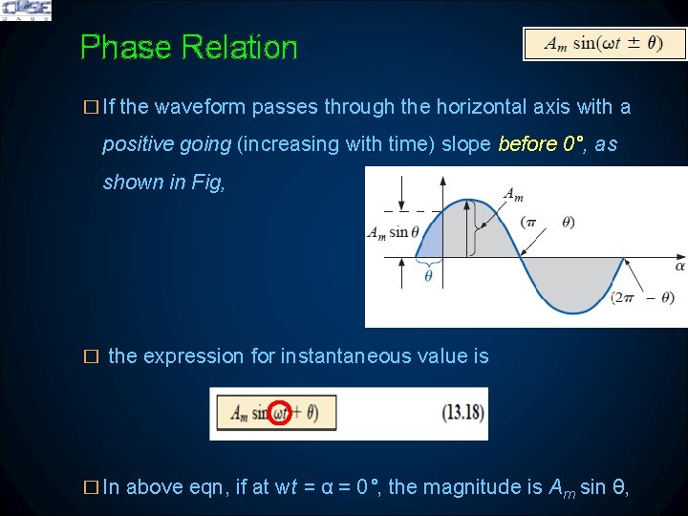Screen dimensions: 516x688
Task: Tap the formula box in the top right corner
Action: pyautogui.click(x=604, y=43)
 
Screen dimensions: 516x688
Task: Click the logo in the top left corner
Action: pyautogui.click(x=27, y=11)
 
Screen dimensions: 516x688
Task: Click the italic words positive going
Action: pyautogui.click(x=166, y=144)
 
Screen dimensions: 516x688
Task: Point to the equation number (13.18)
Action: pyautogui.click(x=462, y=414)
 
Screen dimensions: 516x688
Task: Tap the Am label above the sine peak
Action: pyautogui.click(x=513, y=194)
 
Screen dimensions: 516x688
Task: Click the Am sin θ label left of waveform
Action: pyautogui.click(x=388, y=232)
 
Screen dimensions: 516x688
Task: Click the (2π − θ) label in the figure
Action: pyautogui.click(x=643, y=298)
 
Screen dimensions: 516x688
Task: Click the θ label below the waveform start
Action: pyautogui.click(x=427, y=276)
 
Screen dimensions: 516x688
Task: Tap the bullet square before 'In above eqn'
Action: pyautogui.click(x=91, y=487)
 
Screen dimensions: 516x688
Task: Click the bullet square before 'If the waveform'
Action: pyautogui.click(x=91, y=107)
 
